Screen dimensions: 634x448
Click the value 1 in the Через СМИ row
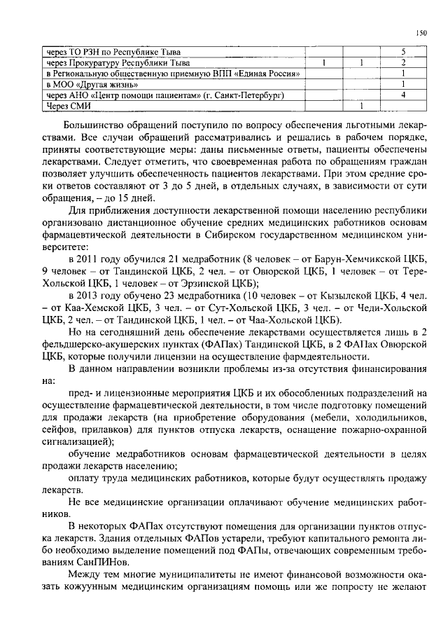pos(360,106)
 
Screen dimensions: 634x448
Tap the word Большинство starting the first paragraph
pos(99,123)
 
